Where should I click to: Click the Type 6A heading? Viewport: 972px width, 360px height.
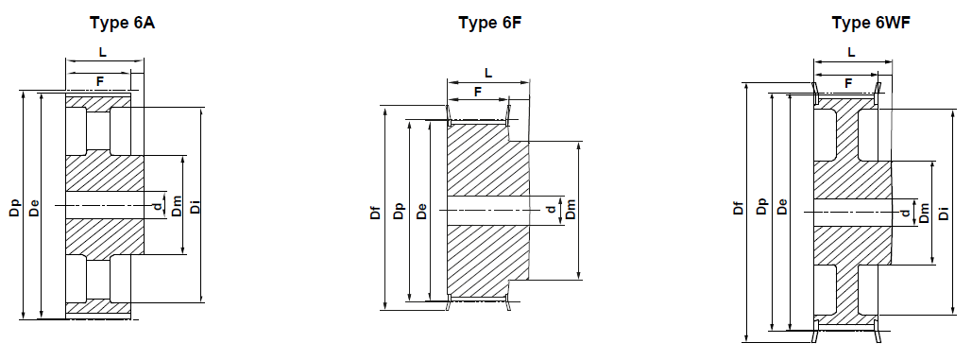122,22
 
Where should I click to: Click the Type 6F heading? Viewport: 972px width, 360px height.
489,22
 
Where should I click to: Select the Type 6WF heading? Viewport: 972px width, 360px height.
862,22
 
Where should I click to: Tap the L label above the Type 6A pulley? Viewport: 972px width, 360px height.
103,52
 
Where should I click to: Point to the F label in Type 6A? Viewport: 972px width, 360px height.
100,82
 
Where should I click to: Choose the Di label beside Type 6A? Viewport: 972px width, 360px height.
195,205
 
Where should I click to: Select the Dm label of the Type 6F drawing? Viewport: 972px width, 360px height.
570,210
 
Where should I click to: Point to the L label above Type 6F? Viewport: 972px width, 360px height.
487,72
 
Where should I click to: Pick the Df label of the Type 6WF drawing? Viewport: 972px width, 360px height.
739,209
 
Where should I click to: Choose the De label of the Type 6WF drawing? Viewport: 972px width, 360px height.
782,209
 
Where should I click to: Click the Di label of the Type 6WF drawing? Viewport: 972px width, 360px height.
944,209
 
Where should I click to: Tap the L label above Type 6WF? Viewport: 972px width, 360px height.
852,52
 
